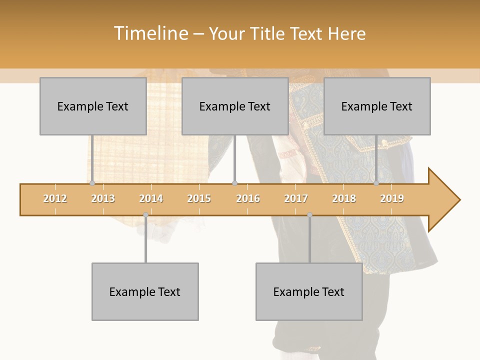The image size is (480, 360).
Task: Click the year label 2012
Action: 55,199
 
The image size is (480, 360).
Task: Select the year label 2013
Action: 103,199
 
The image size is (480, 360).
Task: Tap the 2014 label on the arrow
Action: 151,199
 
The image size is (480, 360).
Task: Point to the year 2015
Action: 199,199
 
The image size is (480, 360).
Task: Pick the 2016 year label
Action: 248,199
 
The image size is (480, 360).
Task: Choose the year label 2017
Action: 296,199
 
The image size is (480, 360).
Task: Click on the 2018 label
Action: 344,199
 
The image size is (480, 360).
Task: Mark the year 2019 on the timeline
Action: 392,199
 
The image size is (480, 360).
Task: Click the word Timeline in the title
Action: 150,33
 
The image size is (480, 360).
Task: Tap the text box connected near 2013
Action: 93,106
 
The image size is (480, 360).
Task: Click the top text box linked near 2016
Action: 235,106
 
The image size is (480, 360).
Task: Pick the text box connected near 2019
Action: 377,106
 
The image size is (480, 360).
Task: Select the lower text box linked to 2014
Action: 145,291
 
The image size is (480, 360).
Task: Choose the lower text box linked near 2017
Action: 309,291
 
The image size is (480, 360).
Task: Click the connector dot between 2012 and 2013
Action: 92,183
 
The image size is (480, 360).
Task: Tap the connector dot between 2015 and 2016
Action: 234,183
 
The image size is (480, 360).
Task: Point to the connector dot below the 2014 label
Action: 145,215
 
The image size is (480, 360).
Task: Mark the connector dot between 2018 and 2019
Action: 376,183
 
